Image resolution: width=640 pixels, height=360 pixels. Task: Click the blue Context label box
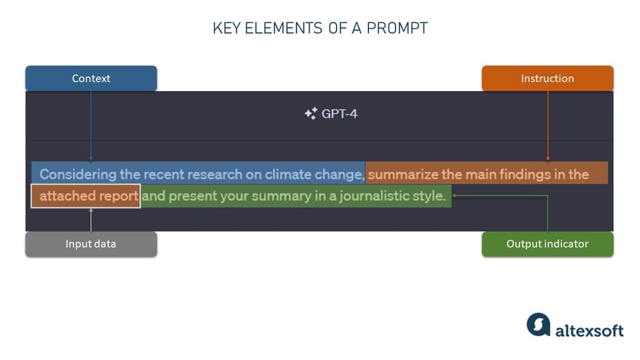[91, 79]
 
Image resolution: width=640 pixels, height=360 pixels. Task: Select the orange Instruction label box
[548, 79]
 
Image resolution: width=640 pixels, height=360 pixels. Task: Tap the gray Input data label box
[91, 244]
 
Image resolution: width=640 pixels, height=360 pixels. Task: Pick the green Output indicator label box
[548, 244]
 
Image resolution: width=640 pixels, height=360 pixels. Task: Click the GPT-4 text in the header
[340, 114]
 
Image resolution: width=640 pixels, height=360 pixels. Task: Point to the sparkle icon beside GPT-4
[310, 114]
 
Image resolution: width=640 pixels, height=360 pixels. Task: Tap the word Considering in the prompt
[78, 174]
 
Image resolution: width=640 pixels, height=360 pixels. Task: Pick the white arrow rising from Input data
[91, 220]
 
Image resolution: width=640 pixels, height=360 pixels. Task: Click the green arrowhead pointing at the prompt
[456, 195]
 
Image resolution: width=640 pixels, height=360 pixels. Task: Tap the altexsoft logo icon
[538, 325]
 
